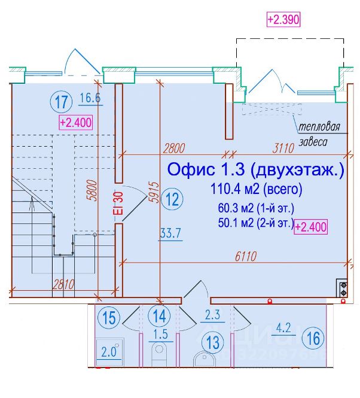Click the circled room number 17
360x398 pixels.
(x=61, y=101)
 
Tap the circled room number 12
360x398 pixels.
(x=172, y=199)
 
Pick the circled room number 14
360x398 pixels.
(x=159, y=315)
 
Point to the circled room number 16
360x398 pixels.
(x=312, y=338)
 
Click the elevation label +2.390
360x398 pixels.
(x=282, y=19)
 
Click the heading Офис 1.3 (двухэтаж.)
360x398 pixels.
(x=256, y=170)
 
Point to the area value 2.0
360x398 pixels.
(x=109, y=351)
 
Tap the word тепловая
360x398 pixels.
(x=320, y=127)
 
